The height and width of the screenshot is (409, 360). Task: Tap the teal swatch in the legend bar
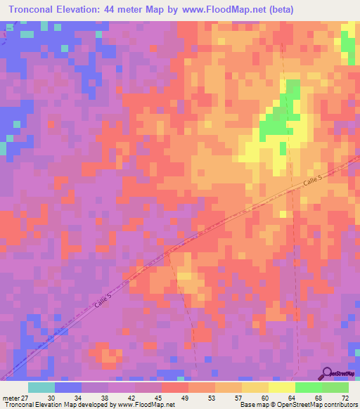pos(41,387)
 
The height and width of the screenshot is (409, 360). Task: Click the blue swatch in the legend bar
pos(68,387)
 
